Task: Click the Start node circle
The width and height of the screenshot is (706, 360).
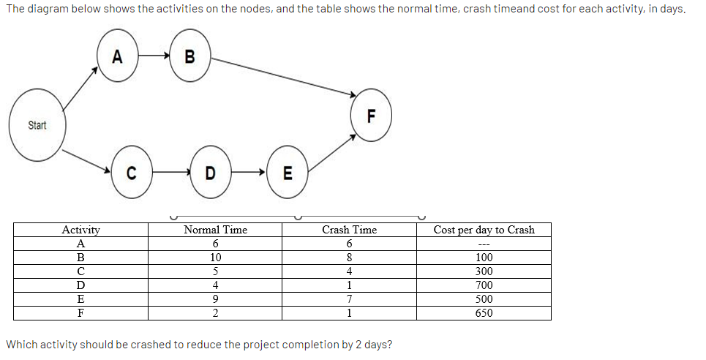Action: (x=37, y=125)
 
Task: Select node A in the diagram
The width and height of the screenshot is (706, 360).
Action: (x=117, y=56)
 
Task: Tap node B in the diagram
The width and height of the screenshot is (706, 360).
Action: (x=190, y=56)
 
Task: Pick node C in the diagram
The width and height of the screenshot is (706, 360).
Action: (x=132, y=173)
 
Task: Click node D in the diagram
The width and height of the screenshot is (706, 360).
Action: (x=211, y=173)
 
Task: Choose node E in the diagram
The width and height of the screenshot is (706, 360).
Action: (x=287, y=173)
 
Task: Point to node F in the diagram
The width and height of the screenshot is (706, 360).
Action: (x=371, y=116)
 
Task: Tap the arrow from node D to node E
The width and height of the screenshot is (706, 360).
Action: (x=249, y=173)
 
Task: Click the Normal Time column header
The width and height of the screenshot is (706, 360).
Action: (x=215, y=230)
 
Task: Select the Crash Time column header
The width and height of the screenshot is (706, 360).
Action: (x=349, y=230)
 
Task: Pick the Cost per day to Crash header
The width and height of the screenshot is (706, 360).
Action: (x=484, y=230)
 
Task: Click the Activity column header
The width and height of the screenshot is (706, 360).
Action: (x=80, y=230)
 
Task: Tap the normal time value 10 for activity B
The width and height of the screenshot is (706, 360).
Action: (x=215, y=258)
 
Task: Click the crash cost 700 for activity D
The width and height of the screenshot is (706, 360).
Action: (x=484, y=285)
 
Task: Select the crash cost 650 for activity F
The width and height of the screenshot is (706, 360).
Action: (x=484, y=313)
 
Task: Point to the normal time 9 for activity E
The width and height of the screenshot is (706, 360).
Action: (x=215, y=299)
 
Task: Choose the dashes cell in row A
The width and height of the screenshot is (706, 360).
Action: (x=484, y=244)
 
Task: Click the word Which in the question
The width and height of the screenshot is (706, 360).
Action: (x=22, y=345)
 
